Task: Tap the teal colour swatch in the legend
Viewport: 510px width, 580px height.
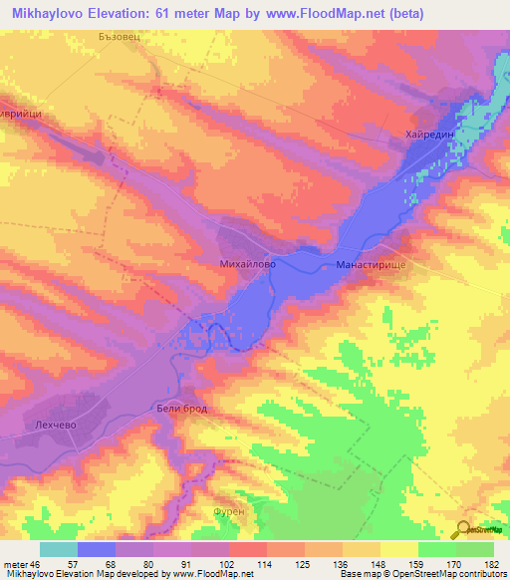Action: tap(59, 549)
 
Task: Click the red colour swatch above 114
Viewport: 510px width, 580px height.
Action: tap(247, 549)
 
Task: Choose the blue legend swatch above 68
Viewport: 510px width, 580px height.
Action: tap(97, 549)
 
